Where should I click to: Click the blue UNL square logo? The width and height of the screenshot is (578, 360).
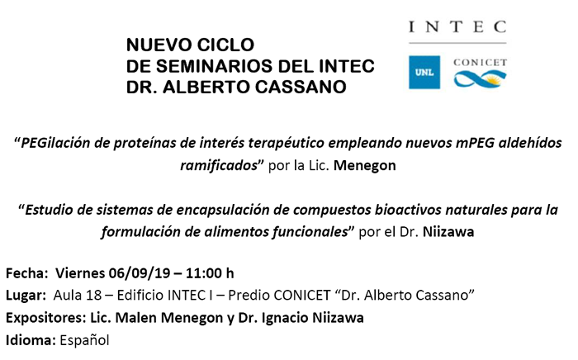(x=424, y=72)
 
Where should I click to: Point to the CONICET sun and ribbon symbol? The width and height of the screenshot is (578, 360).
(x=480, y=79)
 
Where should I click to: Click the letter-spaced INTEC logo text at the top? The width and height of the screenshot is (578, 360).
(x=457, y=27)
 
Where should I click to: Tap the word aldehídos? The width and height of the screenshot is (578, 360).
(x=530, y=143)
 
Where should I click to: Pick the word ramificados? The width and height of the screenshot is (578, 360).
(x=219, y=165)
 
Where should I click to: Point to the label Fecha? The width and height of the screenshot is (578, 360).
(x=27, y=273)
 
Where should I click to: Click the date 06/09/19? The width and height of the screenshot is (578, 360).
(x=140, y=273)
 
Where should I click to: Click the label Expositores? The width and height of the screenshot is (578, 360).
(x=45, y=318)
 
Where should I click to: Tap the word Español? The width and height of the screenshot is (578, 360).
(x=84, y=340)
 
